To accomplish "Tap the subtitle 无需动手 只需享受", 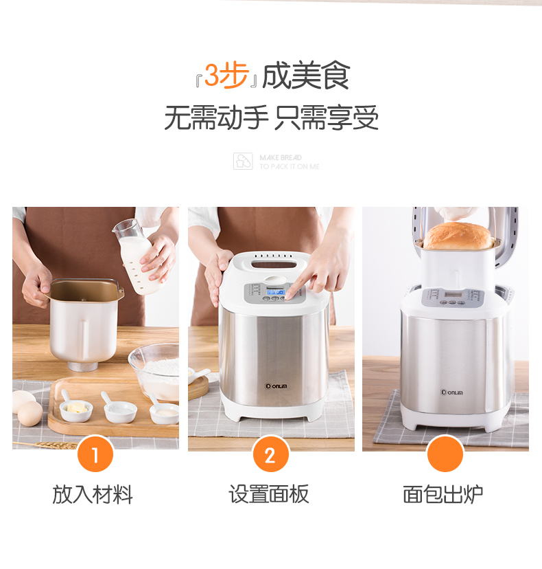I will pos(271,118).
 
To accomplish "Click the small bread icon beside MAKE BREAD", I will pos(243,161).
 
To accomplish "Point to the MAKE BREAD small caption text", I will pos(281,157).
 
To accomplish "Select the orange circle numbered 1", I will pos(95,455).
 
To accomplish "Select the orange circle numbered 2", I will pos(270,455).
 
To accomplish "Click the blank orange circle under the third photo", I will pos(445,455).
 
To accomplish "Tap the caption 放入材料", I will pos(93,494).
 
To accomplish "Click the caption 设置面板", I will pos(269,494).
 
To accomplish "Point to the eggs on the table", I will pos(27,409).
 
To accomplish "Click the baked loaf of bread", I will pos(458,236).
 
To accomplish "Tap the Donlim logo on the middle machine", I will pos(276,386).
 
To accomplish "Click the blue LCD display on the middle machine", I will pos(276,291).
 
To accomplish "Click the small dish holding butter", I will pos(75,410).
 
